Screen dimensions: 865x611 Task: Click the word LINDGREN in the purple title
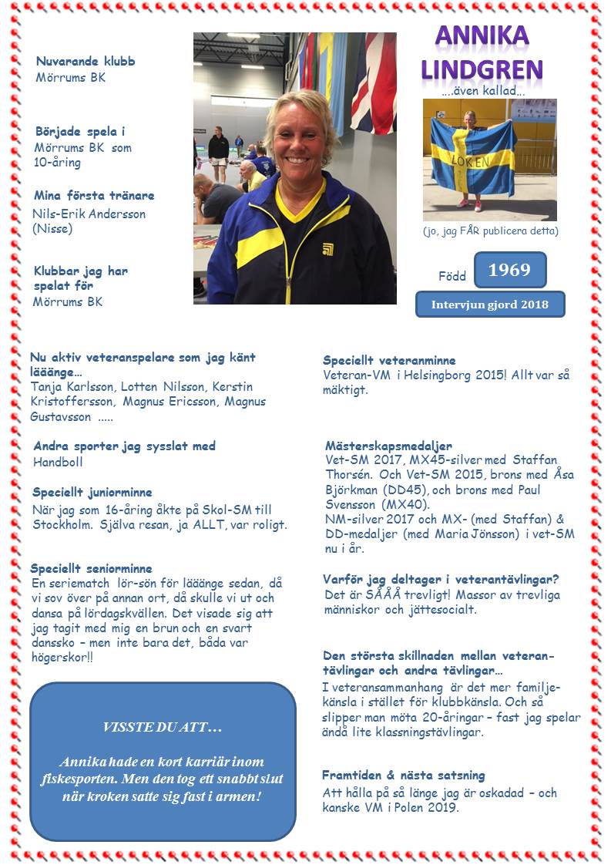(482, 69)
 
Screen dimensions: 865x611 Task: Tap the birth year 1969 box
(509, 270)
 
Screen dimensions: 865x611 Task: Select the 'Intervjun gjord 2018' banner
(490, 304)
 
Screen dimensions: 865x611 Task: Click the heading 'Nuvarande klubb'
(85, 62)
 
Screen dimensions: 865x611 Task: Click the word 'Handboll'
(58, 463)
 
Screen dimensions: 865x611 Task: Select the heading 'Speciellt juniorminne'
(92, 492)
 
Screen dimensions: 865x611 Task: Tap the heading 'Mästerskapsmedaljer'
(388, 446)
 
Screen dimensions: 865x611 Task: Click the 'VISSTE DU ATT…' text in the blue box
(162, 728)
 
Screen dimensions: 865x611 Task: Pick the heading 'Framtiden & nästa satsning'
(404, 775)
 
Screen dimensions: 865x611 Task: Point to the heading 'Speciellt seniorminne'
(91, 568)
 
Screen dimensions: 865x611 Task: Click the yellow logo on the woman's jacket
(327, 248)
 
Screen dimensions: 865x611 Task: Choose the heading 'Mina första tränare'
(94, 195)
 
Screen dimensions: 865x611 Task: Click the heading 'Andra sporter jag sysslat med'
(124, 446)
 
